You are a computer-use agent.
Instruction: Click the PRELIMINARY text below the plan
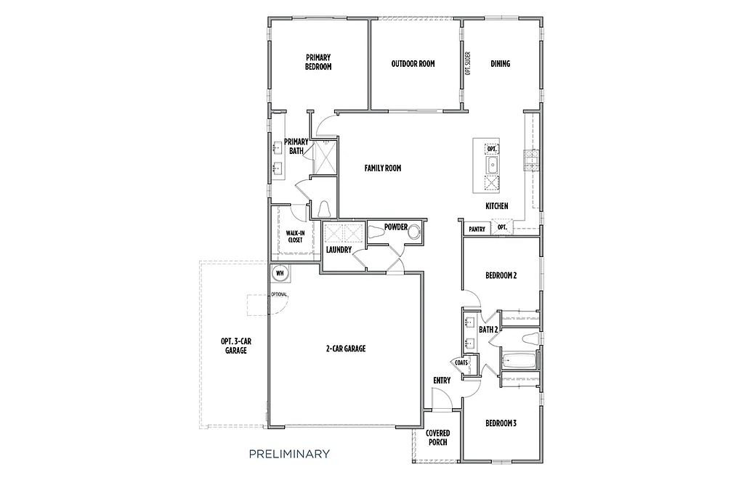289,455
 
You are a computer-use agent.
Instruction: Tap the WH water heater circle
280,274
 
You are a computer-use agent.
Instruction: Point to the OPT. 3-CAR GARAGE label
236,346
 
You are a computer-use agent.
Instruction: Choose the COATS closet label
461,362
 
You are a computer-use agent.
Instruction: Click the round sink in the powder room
415,232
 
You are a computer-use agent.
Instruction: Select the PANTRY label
477,229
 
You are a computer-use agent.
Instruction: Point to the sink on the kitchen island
492,166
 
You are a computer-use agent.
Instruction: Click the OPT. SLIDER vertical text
468,63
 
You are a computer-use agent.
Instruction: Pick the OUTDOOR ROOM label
413,64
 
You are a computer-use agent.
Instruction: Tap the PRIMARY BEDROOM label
318,62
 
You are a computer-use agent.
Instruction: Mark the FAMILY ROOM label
383,168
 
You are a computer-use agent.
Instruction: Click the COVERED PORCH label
437,438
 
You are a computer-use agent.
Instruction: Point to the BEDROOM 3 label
501,423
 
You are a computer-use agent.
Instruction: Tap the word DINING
500,64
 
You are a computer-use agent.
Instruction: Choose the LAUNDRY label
339,250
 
